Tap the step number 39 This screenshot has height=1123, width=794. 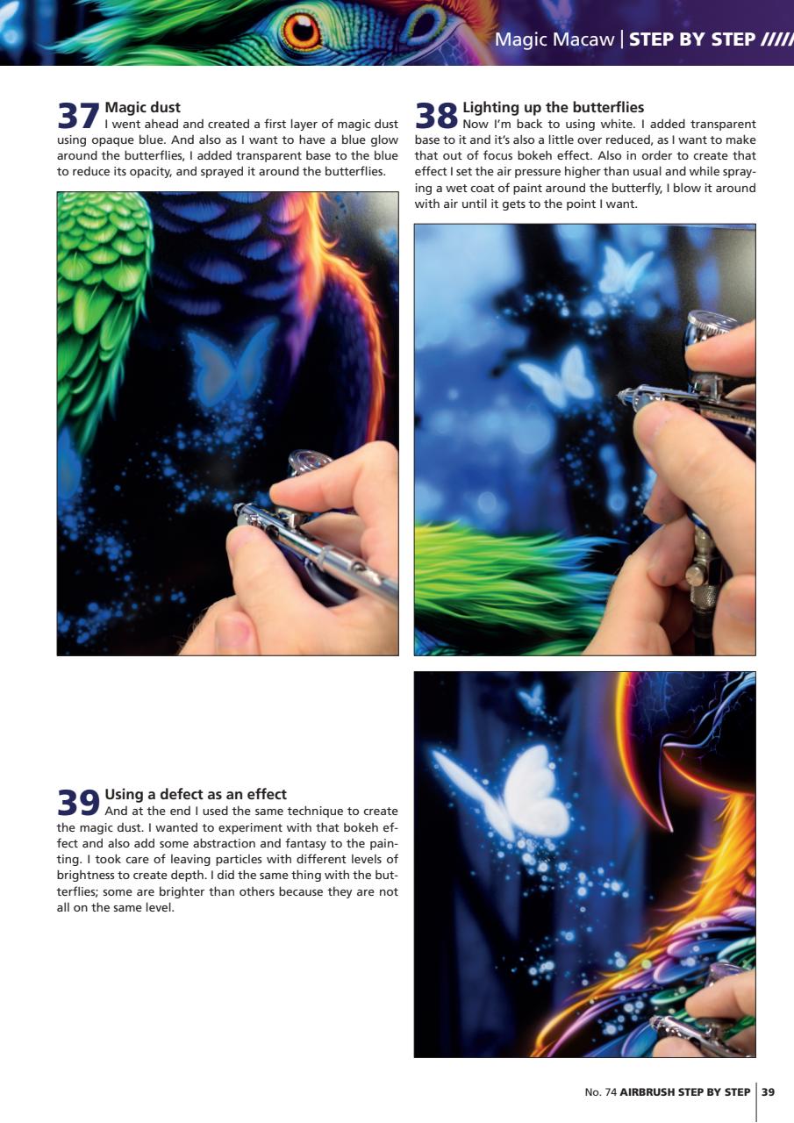pyautogui.click(x=78, y=803)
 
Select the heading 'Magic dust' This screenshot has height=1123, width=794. pyautogui.click(x=142, y=108)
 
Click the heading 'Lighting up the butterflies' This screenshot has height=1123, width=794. pyautogui.click(x=553, y=108)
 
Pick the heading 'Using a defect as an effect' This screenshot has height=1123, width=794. pyautogui.click(x=196, y=795)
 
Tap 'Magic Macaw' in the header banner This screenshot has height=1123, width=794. pyautogui.click(x=554, y=39)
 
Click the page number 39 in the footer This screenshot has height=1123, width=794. pyautogui.click(x=768, y=1092)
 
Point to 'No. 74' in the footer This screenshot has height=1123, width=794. pyautogui.click(x=600, y=1092)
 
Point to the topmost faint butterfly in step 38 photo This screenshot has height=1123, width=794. pyautogui.click(x=626, y=268)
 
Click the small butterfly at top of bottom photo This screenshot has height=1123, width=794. pyautogui.click(x=531, y=698)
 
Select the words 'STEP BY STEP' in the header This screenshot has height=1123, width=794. pyautogui.click(x=691, y=39)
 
